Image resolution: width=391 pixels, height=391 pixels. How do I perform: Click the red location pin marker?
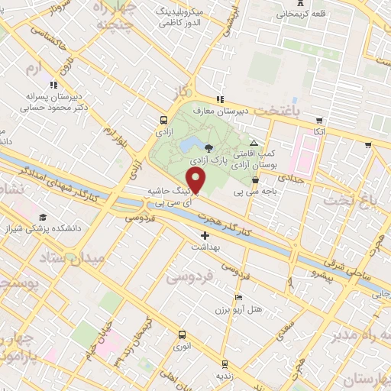[196, 181]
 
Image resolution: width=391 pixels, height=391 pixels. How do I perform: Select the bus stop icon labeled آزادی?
[163, 120]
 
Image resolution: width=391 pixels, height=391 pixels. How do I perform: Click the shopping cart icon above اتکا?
[317, 119]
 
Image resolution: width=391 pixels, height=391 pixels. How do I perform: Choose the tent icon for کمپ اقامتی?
[254, 143]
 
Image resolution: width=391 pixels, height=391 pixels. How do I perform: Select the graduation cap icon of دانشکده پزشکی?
[43, 217]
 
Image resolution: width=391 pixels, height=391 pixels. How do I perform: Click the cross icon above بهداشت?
[204, 235]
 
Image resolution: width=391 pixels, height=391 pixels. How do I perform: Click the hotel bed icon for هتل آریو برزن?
[238, 298]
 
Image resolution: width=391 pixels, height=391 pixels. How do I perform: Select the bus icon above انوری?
[182, 334]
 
